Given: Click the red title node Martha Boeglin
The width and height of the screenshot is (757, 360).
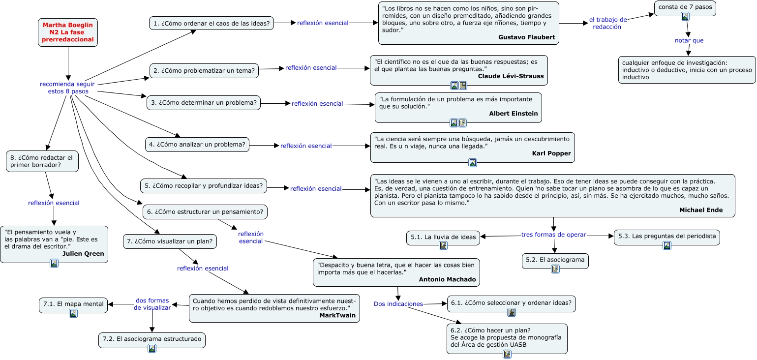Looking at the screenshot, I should click(68, 32).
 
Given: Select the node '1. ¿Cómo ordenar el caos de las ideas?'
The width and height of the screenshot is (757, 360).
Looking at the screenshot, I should click(212, 23).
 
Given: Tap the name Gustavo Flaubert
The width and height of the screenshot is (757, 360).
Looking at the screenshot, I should click(526, 37).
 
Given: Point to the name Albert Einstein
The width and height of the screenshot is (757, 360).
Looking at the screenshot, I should click(513, 114).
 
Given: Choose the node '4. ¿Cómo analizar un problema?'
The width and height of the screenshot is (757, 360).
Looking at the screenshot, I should click(197, 145).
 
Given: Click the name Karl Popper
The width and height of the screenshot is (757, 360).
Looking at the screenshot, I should click(551, 153).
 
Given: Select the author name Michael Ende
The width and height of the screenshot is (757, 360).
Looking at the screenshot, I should click(700, 210).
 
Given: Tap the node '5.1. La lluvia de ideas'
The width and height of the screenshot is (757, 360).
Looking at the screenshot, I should click(443, 237).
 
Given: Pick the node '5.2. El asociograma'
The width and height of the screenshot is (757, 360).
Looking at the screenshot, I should click(555, 260).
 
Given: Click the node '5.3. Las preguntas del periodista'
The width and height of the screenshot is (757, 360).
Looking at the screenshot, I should click(666, 236).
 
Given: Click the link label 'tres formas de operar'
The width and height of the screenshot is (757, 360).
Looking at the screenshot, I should click(553, 235).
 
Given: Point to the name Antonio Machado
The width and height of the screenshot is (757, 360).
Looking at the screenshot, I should click(447, 279).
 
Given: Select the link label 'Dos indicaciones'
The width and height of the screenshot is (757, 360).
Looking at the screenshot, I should click(398, 304).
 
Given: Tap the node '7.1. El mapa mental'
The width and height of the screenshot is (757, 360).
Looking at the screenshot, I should click(73, 304).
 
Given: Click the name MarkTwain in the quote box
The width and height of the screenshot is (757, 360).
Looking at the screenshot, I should click(337, 315).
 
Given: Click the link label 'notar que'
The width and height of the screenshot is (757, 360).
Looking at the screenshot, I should click(689, 40).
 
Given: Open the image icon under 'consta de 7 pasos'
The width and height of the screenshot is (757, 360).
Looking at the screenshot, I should click(685, 16).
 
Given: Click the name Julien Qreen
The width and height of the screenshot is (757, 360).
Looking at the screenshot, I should click(83, 254).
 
